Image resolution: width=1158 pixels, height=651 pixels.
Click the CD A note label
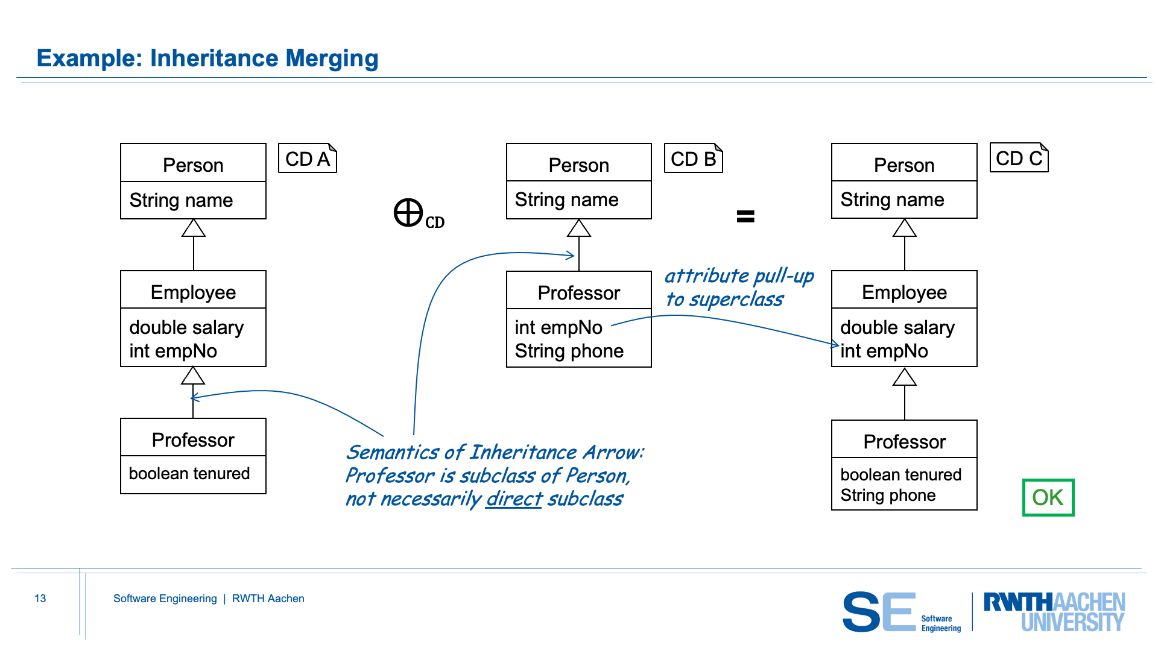[307, 159]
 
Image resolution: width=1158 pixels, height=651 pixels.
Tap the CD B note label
[693, 159]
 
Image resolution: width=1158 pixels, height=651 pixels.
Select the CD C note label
[1019, 158]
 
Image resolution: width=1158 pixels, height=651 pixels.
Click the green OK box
[1048, 497]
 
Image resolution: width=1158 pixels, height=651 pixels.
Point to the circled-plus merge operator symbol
[408, 213]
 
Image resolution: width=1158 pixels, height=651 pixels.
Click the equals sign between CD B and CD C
[745, 216]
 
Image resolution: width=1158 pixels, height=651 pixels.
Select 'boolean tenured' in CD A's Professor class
[189, 474]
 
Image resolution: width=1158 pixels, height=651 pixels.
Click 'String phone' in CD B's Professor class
[569, 351]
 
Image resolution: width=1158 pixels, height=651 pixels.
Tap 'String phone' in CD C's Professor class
[888, 495]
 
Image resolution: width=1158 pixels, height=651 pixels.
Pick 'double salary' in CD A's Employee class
[186, 327]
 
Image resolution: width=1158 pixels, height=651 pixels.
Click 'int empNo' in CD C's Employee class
[884, 351]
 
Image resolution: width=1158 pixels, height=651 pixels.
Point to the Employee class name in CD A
[193, 292]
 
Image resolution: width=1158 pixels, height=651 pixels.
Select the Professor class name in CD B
[578, 293]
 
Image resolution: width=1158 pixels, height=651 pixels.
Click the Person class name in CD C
[903, 165]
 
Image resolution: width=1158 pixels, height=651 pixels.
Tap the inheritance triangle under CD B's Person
[578, 228]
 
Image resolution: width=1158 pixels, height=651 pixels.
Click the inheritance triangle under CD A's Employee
[193, 376]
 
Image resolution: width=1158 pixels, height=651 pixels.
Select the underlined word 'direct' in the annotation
[514, 499]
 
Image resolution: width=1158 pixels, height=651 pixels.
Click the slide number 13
[40, 599]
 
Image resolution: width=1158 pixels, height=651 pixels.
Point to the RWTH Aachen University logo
[1054, 611]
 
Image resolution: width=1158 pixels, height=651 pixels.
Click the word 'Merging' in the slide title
[332, 58]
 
